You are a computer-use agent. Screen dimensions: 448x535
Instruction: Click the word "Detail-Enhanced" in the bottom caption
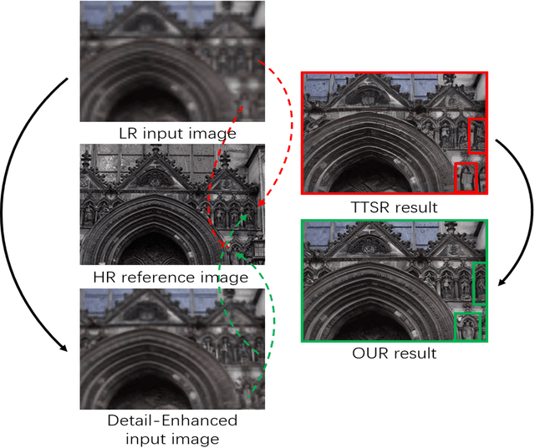172,420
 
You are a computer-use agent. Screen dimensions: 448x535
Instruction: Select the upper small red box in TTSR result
477,135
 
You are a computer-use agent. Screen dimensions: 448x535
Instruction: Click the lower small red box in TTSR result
466,177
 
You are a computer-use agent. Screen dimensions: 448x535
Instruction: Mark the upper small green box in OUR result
479,283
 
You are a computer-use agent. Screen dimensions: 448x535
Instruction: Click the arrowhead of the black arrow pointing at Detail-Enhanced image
68,349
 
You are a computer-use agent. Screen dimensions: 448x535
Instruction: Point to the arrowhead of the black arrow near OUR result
503,283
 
